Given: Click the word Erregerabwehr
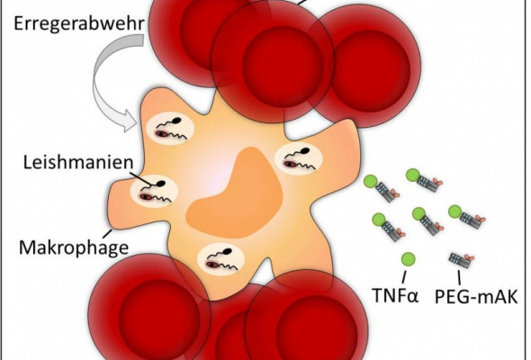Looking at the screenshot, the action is (x=79, y=24).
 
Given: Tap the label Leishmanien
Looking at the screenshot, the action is (x=78, y=162).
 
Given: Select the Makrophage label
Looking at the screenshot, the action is (x=74, y=247).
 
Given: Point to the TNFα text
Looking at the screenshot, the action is (x=395, y=294).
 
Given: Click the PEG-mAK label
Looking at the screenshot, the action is (x=476, y=296).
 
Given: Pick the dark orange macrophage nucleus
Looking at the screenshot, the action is (x=235, y=193).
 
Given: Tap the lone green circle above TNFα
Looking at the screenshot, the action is (x=408, y=259).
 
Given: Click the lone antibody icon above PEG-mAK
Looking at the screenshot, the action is (x=461, y=260).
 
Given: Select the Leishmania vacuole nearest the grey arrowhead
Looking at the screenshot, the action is (x=170, y=128).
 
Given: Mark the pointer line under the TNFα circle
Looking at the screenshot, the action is (x=404, y=276).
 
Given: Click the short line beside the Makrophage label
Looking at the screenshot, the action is (x=108, y=233).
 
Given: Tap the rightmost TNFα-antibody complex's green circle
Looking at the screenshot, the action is (x=455, y=212).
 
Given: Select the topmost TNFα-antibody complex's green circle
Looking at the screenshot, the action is (x=413, y=175).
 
